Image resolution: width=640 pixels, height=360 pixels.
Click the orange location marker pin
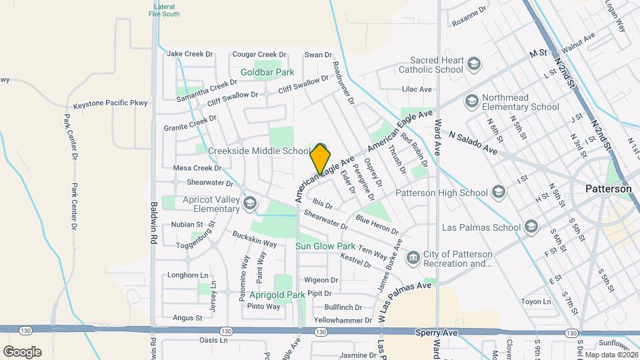[320, 159]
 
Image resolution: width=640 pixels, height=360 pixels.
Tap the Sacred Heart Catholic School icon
[474, 64]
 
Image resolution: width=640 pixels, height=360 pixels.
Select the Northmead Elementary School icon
[471, 101]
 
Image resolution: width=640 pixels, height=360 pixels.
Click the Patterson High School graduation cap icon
[498, 193]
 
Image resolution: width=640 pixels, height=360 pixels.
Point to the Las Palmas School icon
[531, 227]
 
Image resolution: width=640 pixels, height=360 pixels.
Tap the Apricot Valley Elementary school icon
[250, 203]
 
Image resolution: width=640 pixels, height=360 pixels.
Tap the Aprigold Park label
[277, 294]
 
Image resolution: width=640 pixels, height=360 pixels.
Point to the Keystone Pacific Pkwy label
[110, 104]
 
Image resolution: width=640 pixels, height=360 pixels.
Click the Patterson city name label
[608, 189]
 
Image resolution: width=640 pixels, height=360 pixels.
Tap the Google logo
[21, 351]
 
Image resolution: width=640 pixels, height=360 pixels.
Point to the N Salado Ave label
[473, 143]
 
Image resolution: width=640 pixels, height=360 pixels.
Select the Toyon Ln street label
[536, 301]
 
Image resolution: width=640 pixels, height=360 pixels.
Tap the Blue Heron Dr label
[377, 225]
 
